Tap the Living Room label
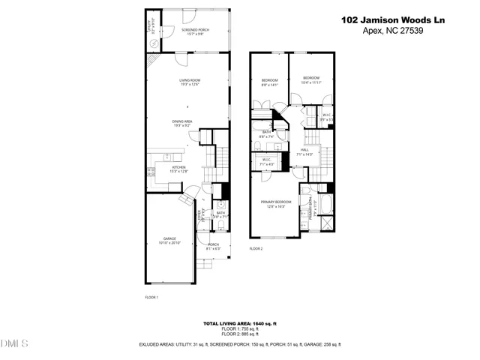click(189, 82)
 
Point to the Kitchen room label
click(178, 169)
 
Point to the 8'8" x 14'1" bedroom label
click(269, 82)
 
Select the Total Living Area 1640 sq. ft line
click(240, 323)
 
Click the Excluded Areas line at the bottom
click(240, 344)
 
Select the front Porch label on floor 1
click(213, 246)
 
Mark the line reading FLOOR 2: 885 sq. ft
click(240, 334)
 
